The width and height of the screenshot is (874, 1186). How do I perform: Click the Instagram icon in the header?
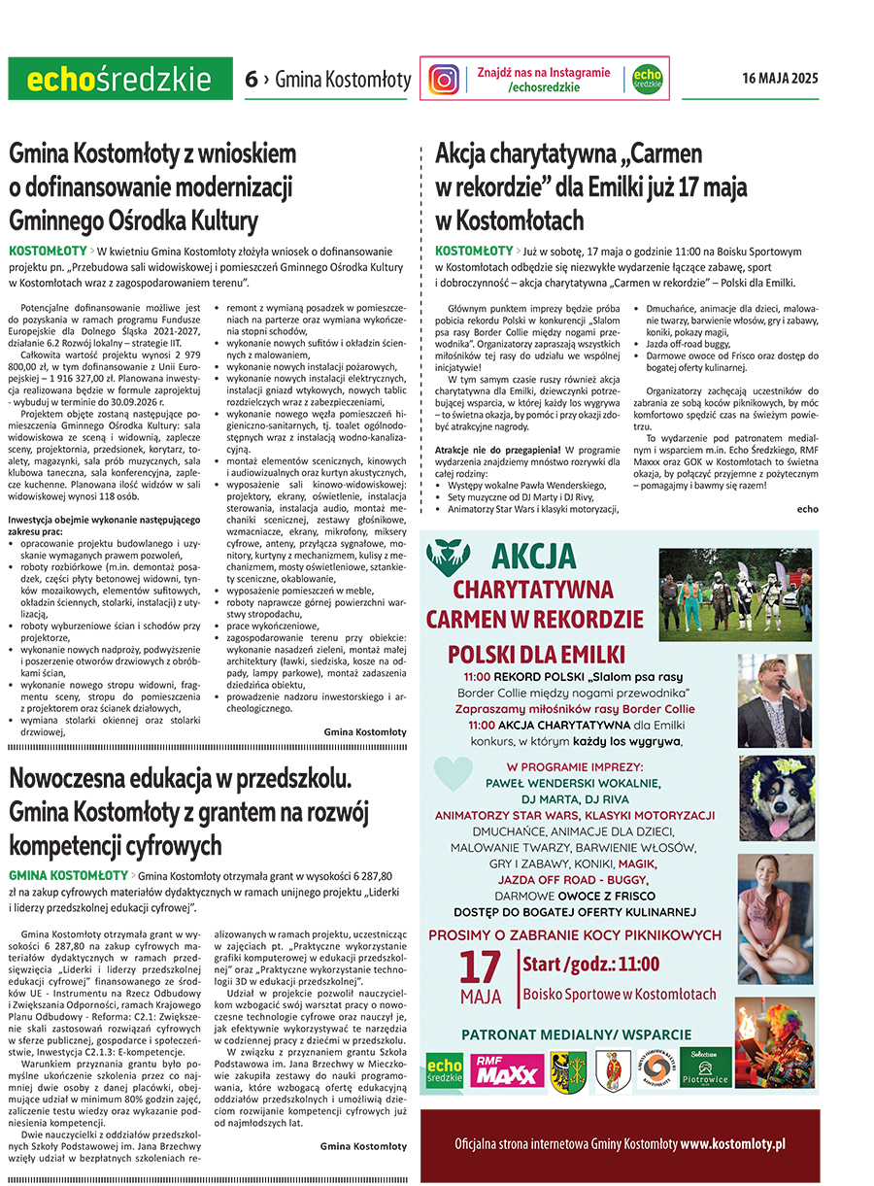point(445,79)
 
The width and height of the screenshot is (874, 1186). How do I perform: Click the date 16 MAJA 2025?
point(780,79)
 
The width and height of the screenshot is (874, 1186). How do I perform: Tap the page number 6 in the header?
point(251,80)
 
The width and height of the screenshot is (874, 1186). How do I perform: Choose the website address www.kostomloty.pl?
point(733,1144)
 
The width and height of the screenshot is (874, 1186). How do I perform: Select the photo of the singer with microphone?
point(775,699)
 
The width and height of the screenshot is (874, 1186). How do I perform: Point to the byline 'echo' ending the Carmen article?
point(807,509)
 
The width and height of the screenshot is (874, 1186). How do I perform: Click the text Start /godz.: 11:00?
point(590,965)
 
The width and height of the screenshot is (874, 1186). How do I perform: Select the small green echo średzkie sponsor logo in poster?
point(445,1070)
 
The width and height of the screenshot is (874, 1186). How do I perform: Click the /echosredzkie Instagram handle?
point(543,87)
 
